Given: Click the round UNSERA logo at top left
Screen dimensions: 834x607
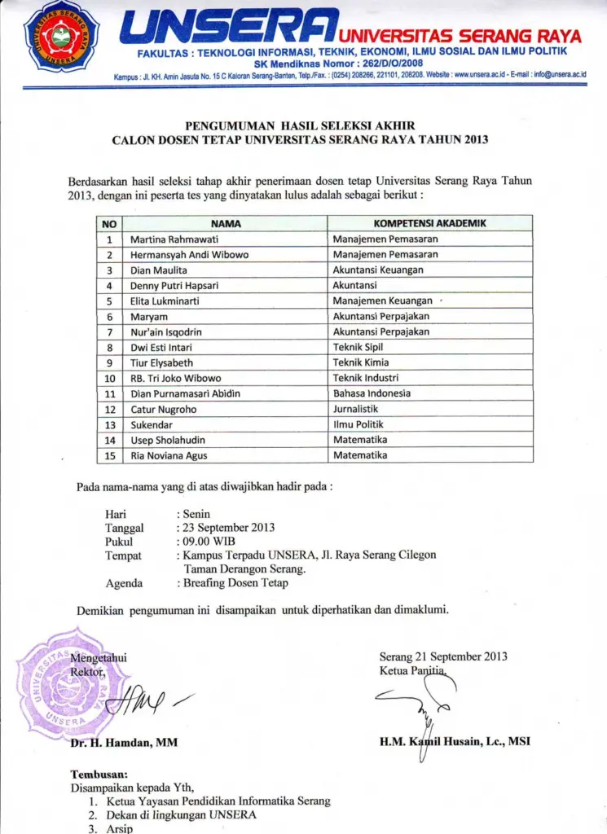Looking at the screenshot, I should click(61, 37).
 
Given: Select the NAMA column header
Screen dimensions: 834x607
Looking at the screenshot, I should click(226, 223).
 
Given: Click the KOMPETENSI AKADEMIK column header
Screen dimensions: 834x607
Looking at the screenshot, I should click(429, 223).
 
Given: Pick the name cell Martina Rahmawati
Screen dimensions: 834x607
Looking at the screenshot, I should click(174, 239).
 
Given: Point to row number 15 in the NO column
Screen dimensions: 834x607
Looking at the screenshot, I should click(108, 455).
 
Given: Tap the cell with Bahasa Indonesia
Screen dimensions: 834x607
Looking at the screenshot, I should click(372, 393).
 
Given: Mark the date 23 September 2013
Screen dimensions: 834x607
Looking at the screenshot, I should click(228, 527).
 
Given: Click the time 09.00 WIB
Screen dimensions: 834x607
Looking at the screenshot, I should click(209, 541).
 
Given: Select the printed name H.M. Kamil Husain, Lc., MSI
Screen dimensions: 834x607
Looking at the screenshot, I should click(455, 741).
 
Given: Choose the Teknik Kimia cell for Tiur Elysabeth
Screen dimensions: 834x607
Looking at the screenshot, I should click(361, 362).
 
